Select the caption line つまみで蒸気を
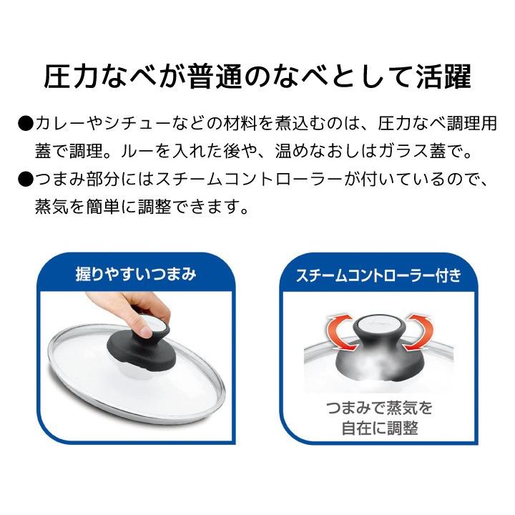(379, 409)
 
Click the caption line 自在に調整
(379, 429)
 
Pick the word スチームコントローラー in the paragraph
(214, 180)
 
